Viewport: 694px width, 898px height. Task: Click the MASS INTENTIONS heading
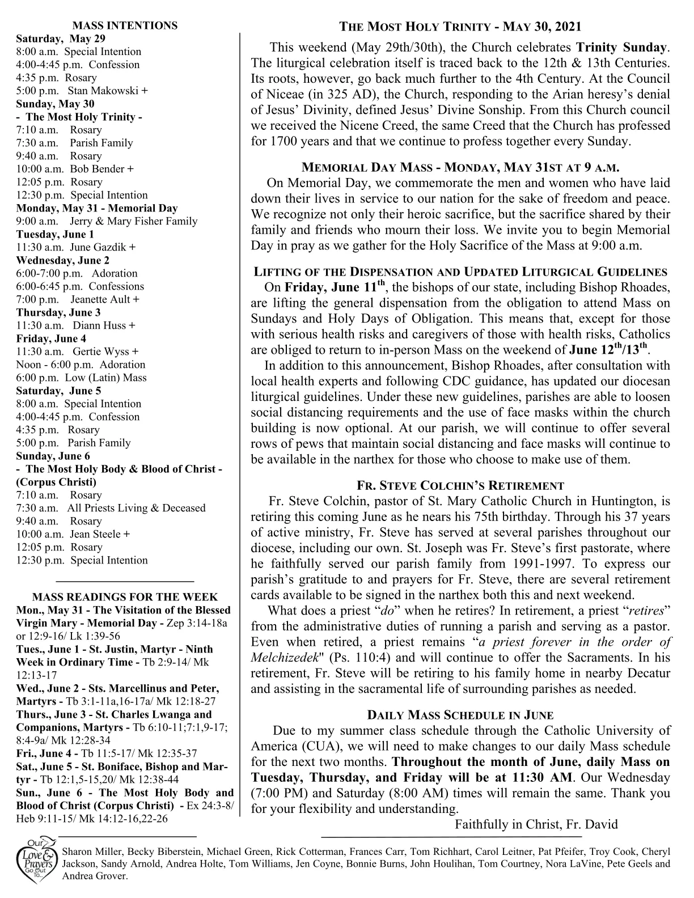[125, 26]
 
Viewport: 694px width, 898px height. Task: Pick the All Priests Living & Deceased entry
[136, 508]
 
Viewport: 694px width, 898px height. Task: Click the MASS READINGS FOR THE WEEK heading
[125, 597]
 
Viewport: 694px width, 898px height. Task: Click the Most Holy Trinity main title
[460, 27]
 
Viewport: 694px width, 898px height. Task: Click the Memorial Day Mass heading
[460, 168]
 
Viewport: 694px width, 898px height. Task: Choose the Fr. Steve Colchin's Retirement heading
[460, 486]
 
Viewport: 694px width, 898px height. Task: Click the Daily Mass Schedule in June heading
[460, 715]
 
